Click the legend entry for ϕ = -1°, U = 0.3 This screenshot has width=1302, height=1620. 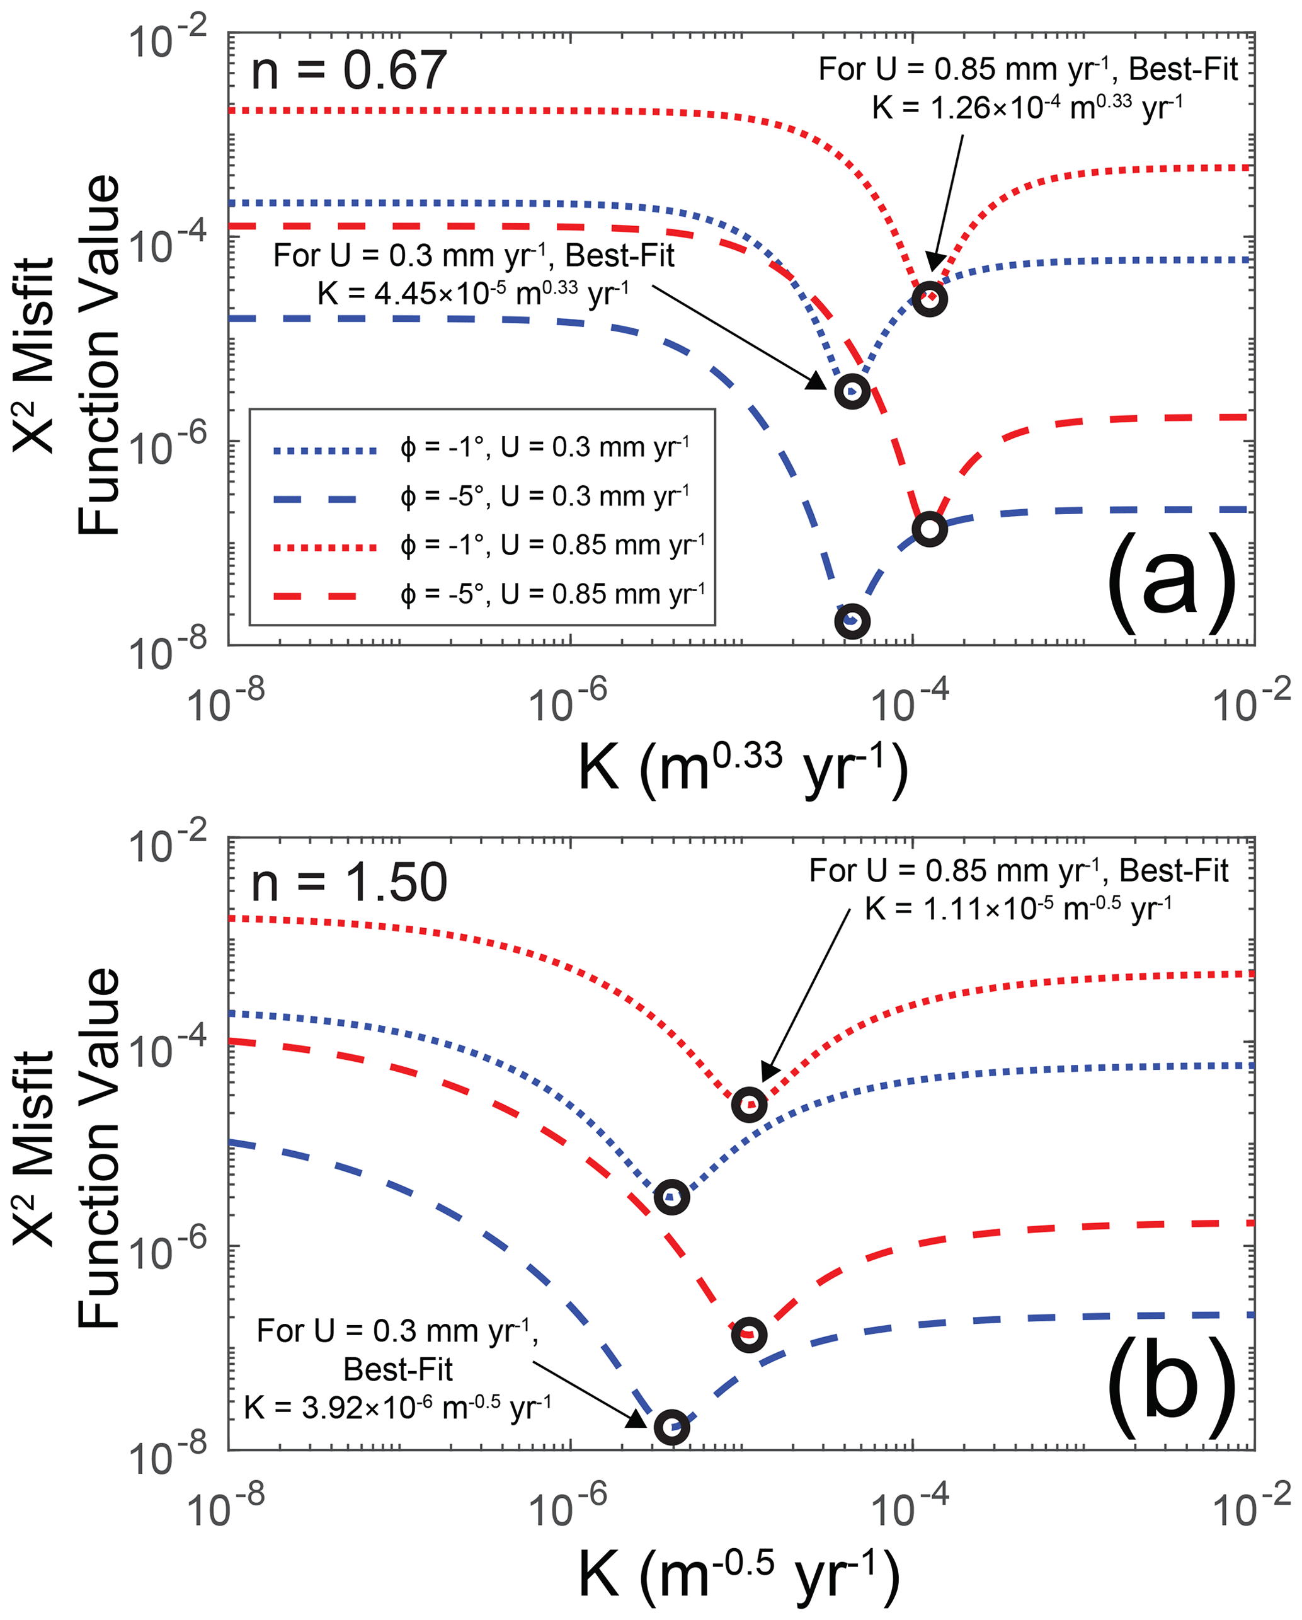click(544, 448)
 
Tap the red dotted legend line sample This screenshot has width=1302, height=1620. click(324, 548)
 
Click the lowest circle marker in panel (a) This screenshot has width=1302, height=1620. click(852, 621)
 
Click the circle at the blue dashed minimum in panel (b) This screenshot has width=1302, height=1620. click(671, 1428)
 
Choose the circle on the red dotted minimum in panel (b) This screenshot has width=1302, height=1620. click(749, 1105)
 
